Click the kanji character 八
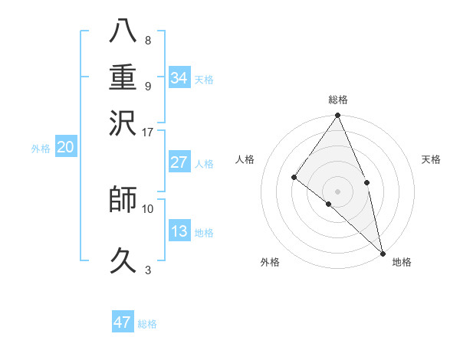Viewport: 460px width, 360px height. [x=124, y=31]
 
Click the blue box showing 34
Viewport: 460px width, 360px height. [x=179, y=78]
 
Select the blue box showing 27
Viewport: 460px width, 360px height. [x=179, y=162]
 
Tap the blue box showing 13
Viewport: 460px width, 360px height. [x=179, y=231]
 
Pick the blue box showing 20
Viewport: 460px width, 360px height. [x=66, y=148]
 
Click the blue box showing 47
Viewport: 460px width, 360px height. [x=123, y=322]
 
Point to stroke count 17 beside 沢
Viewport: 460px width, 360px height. [x=148, y=131]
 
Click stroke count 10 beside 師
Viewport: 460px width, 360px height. [x=148, y=208]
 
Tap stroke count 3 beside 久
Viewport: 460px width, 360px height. [x=148, y=270]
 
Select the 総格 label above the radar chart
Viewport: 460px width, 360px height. [x=338, y=100]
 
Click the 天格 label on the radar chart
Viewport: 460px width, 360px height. [x=431, y=159]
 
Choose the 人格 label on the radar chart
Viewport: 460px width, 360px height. [x=245, y=159]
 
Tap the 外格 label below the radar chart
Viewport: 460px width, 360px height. [x=270, y=263]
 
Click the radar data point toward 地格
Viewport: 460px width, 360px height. [x=383, y=253]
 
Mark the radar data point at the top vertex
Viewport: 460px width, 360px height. [x=338, y=116]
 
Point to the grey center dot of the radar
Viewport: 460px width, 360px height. [x=338, y=191]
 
